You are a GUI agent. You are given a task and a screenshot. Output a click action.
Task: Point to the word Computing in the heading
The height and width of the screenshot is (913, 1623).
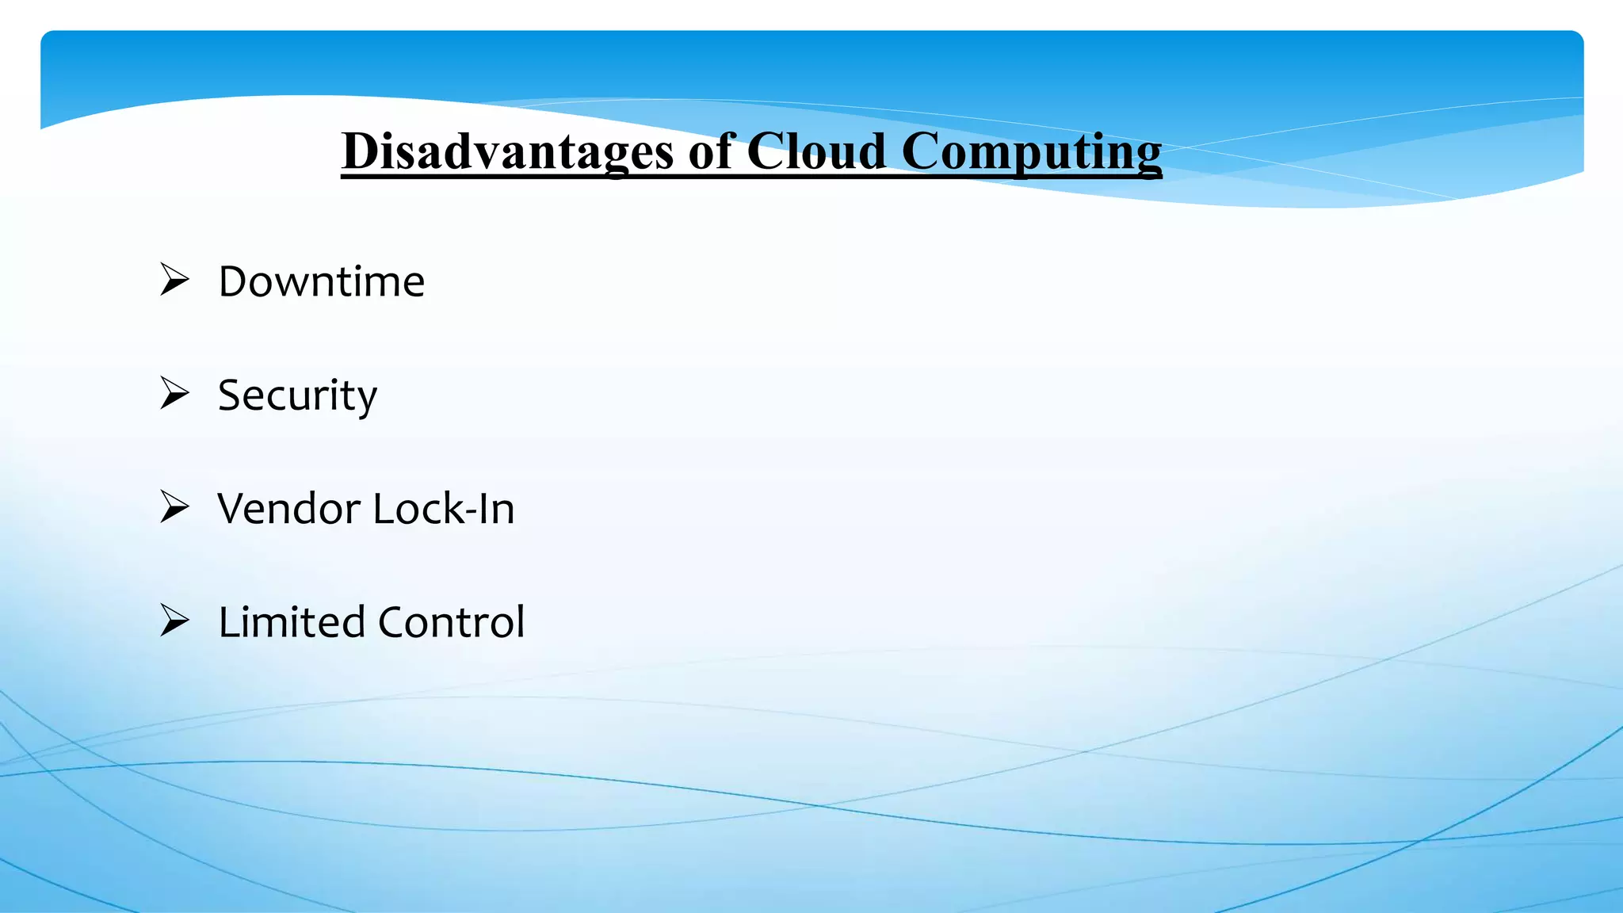coord(1031,152)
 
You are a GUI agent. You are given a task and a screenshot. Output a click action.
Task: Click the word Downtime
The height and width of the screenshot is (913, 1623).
coord(322,282)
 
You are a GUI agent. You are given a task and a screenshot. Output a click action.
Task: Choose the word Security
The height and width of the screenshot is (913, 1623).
coord(297,395)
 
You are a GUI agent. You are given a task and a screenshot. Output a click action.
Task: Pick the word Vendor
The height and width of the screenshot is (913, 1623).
coord(288,509)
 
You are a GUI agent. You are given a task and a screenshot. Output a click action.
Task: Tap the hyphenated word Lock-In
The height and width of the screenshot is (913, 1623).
coord(444,509)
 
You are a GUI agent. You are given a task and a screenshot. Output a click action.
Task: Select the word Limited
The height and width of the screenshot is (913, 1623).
coord(291,622)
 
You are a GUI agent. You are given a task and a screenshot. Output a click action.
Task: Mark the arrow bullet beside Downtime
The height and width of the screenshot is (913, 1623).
coord(174,280)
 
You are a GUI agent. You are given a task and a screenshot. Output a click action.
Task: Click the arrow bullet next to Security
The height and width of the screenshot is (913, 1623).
coord(174,393)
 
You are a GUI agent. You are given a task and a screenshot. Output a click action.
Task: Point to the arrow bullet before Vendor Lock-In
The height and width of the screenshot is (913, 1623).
coord(174,506)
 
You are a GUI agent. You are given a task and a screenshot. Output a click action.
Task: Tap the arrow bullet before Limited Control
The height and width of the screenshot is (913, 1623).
coord(174,620)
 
